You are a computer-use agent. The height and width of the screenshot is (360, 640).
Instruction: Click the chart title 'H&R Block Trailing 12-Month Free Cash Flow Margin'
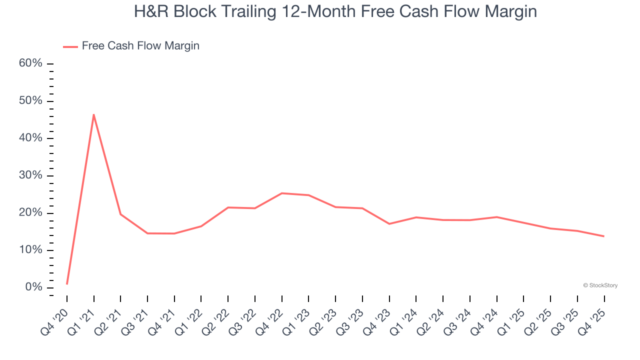pyautogui.click(x=335, y=11)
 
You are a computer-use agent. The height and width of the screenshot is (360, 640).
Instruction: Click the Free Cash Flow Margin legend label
pyautogui.click(x=140, y=46)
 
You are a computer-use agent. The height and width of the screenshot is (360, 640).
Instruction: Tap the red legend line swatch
pyautogui.click(x=70, y=46)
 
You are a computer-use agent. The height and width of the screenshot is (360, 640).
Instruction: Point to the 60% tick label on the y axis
pyautogui.click(x=30, y=63)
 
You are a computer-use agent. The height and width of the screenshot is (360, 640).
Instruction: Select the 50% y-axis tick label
pyautogui.click(x=30, y=101)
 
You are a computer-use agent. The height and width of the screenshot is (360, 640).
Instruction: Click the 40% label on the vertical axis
pyautogui.click(x=30, y=138)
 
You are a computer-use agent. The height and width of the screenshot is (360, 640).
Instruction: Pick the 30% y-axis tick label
pyautogui.click(x=30, y=175)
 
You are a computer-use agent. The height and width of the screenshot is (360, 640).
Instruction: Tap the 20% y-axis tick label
pyautogui.click(x=30, y=213)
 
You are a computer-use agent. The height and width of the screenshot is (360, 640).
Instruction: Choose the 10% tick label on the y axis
pyautogui.click(x=30, y=250)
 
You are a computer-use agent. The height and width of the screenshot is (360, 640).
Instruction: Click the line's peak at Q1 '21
pyautogui.click(x=94, y=114)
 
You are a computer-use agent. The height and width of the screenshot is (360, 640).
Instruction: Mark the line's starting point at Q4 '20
pyautogui.click(x=67, y=284)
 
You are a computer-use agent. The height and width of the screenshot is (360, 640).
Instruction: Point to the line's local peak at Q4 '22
pyautogui.click(x=282, y=193)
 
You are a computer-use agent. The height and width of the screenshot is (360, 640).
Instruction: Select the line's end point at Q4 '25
pyautogui.click(x=604, y=236)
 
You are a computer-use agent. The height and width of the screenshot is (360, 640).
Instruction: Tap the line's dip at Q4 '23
pyautogui.click(x=389, y=223)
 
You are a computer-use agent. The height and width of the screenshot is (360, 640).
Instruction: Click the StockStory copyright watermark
pyautogui.click(x=600, y=285)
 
